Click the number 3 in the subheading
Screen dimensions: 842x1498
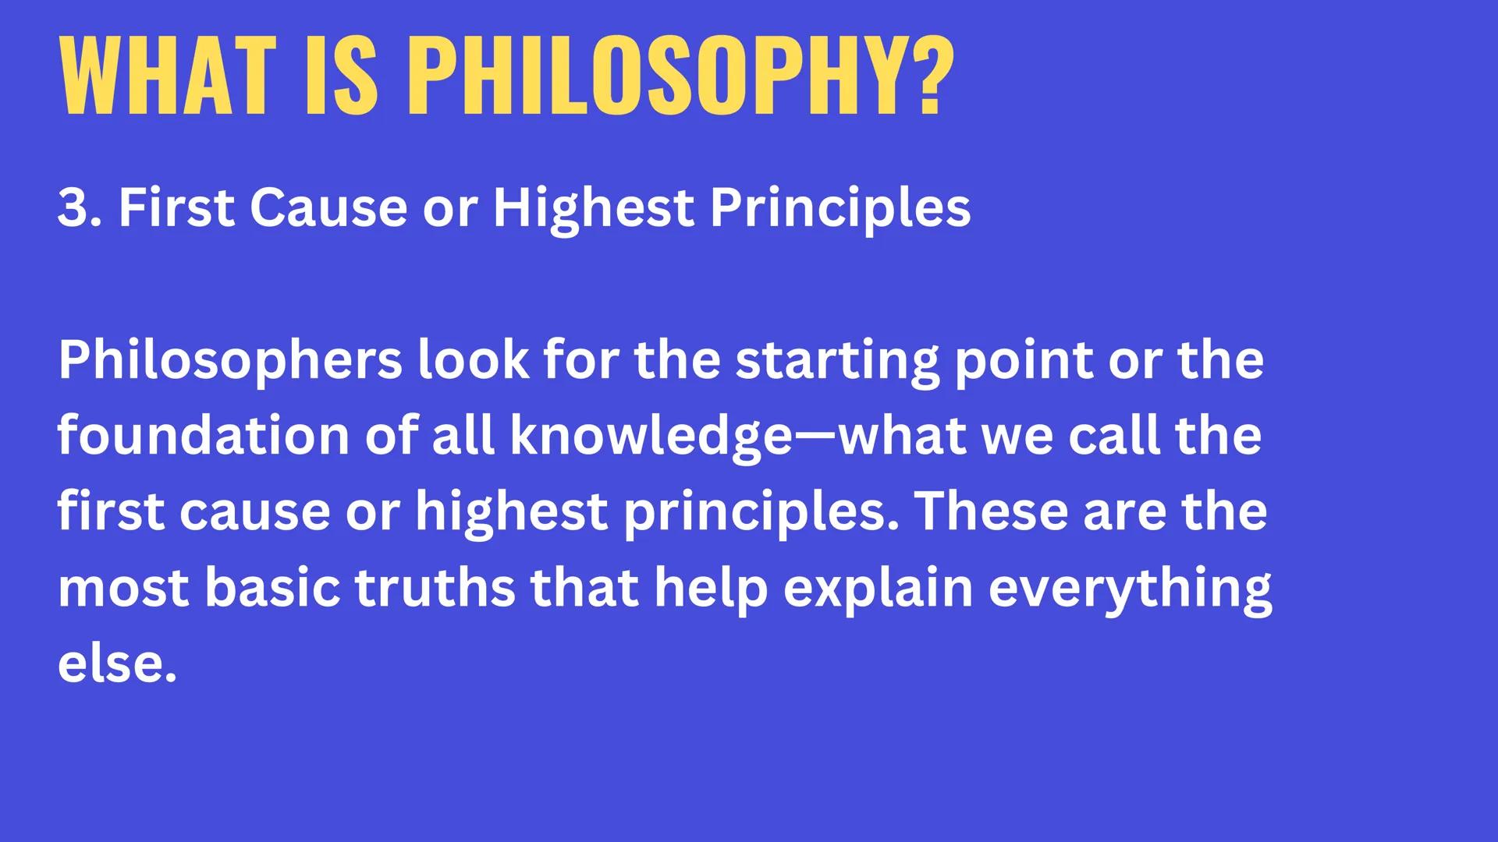tap(73, 208)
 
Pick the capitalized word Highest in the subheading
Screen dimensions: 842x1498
tap(593, 208)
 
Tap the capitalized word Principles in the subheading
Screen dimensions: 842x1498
tap(840, 208)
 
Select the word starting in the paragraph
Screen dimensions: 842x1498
tap(837, 360)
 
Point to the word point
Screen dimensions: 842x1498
tap(1023, 360)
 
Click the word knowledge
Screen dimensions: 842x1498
tap(651, 436)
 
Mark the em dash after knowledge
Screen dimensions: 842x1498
tap(815, 437)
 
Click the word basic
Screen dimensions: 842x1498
tap(272, 588)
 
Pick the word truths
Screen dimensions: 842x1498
tap(435, 588)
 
